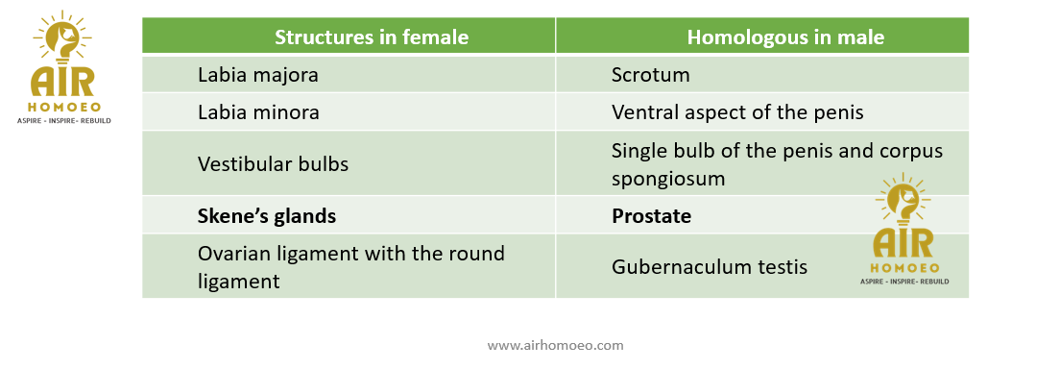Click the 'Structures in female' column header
coord(372,37)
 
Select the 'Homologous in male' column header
coord(785,37)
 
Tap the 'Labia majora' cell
coord(257,75)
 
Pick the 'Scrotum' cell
coord(650,75)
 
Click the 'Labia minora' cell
coord(258,111)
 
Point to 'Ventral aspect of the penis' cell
coord(737,112)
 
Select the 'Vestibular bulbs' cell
coord(273,164)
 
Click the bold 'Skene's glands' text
coord(266,216)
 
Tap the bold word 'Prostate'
coord(652,216)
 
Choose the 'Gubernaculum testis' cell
coord(710,267)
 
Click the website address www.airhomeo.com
coord(555,345)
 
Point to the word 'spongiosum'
coord(668,179)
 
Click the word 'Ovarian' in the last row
coord(235,254)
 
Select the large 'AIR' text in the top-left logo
coord(62,82)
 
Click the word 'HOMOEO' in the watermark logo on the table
coord(903,268)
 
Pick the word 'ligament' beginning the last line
coord(239,282)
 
